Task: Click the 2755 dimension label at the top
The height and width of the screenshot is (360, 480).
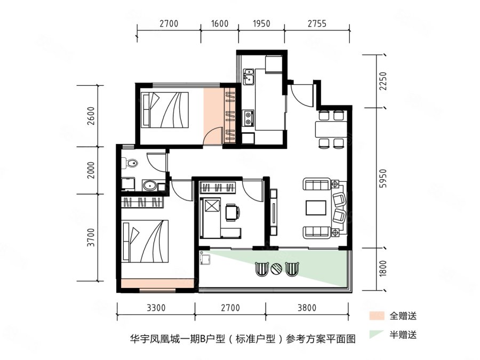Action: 317,23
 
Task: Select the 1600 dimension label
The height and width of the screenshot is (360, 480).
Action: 220,23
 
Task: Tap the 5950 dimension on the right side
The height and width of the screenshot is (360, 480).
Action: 383,178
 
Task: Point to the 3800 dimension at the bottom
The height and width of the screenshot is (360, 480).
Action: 307,307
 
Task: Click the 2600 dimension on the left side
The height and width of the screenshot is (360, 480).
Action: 91,116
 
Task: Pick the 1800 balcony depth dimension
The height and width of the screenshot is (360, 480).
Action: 383,268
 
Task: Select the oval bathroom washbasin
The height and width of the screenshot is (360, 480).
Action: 150,185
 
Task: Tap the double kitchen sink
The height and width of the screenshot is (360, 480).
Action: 249,76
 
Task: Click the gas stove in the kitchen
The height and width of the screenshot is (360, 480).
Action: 248,118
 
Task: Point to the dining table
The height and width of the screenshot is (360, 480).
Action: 331,130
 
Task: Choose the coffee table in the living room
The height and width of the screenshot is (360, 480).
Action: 316,208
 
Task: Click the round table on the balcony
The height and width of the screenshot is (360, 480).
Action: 277,269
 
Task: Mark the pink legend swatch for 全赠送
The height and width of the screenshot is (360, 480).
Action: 377,316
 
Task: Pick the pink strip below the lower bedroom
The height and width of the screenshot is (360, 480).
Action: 157,283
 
